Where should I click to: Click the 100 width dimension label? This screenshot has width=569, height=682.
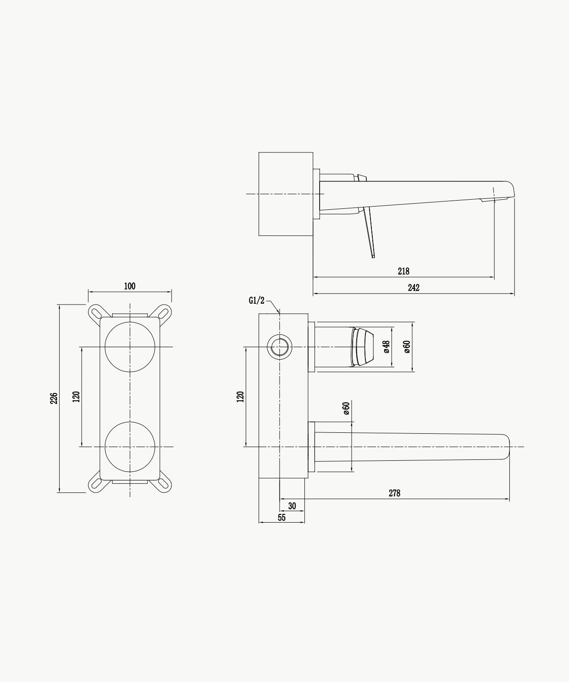129,286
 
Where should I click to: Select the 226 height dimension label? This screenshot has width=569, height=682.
54,398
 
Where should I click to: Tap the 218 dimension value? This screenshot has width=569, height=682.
403,271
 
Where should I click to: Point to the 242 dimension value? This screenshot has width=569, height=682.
414,288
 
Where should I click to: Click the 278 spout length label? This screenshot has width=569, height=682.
394,493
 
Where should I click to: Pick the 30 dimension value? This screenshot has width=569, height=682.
292,506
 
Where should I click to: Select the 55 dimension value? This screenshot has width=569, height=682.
282,518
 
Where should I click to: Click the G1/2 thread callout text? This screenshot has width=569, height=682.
256,300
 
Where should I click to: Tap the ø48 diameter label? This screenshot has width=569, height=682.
387,347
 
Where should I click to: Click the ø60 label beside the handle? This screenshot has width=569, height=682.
407,347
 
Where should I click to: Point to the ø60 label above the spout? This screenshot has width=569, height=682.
346,408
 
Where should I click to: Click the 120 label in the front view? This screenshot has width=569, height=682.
76,397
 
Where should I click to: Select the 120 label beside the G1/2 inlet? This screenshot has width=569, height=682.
240,397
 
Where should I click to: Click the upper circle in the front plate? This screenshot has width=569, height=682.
130,322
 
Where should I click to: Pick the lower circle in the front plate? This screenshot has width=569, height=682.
130,422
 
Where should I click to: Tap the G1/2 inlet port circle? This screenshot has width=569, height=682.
280,335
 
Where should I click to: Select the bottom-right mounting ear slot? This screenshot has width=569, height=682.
163,484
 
